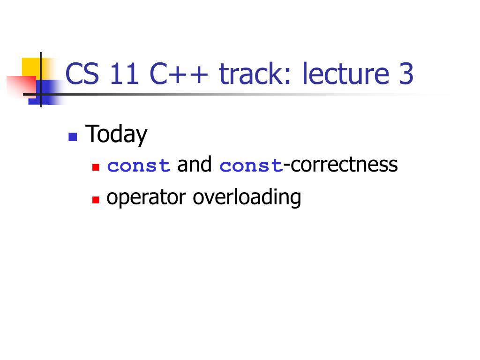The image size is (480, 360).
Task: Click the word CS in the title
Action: [82, 74]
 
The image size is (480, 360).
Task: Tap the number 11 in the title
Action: [124, 74]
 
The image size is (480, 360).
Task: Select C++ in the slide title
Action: [179, 74]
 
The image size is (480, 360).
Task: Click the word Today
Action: [116, 135]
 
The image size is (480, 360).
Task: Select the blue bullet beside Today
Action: [73, 137]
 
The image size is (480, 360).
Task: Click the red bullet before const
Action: [96, 167]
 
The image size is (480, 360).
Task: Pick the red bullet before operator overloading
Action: [96, 200]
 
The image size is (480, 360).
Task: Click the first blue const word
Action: [139, 166]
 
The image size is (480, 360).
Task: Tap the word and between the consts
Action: [195, 164]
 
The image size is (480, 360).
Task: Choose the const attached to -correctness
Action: [251, 166]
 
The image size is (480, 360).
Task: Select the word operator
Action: [146, 197]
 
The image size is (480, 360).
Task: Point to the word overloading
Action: [247, 197]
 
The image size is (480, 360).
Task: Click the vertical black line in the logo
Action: [41, 80]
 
